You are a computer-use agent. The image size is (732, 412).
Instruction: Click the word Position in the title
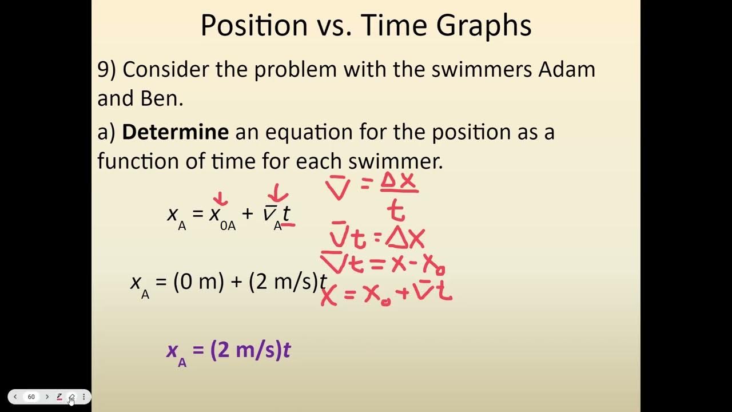247,25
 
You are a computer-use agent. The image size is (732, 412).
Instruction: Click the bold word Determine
175,132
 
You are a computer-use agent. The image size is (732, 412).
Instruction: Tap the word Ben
162,99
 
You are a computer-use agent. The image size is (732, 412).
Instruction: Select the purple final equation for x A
229,351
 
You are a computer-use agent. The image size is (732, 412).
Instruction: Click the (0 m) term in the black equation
198,282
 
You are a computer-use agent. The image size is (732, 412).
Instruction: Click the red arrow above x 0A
220,198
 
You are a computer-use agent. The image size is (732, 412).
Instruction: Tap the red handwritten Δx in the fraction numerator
398,182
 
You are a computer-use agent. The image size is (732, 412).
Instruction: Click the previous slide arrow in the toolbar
15,397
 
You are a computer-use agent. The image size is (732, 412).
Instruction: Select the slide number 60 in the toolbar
31,397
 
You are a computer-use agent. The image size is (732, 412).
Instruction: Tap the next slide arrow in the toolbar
47,397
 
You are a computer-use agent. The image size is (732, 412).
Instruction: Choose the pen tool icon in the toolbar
59,397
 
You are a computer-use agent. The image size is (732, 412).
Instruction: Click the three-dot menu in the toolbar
83,397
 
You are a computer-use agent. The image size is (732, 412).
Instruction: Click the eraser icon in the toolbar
71,397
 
